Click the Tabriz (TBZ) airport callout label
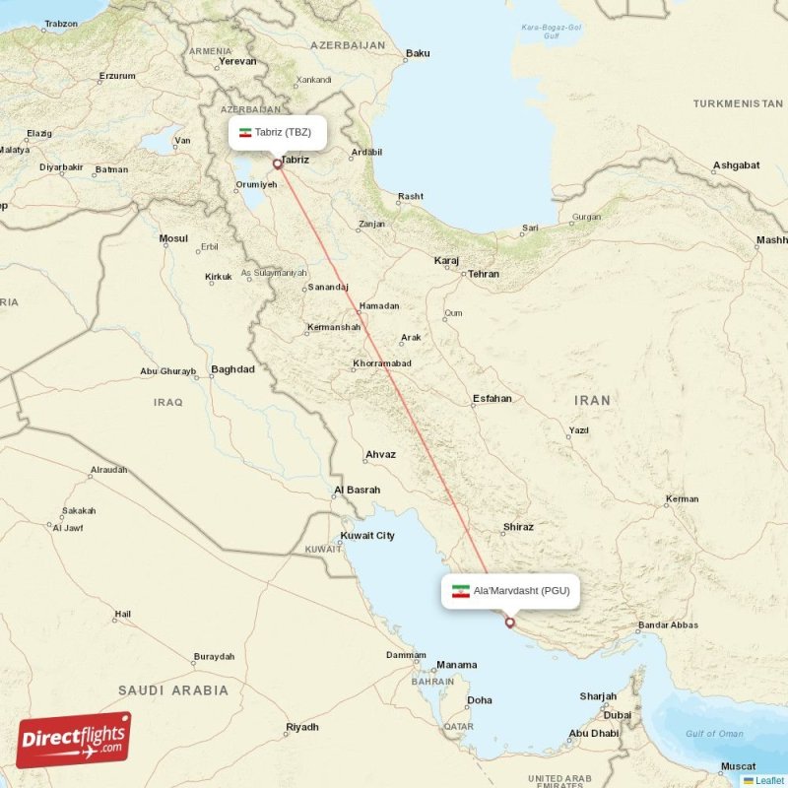[276, 132]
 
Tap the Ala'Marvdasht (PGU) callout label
[509, 591]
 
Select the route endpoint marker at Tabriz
[278, 164]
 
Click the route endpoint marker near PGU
[509, 623]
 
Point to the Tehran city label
[483, 274]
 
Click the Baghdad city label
[232, 369]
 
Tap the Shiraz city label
[517, 527]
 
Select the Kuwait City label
[366, 536]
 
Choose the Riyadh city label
[301, 727]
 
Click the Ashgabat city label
[737, 164]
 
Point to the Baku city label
[418, 53]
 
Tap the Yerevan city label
[237, 61]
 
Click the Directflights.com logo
[74, 739]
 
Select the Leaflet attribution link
[768, 780]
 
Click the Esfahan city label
[492, 399]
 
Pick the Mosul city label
[173, 238]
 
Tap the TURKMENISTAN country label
[737, 103]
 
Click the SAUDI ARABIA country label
[172, 690]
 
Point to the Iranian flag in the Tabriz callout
[245, 132]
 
